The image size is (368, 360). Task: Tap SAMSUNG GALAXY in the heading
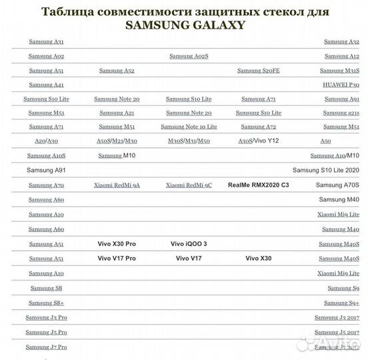(185, 25)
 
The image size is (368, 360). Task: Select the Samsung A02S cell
(189, 56)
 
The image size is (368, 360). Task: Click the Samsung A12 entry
(341, 56)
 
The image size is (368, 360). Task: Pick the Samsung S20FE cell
(258, 71)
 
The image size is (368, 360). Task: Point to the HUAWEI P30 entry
(341, 85)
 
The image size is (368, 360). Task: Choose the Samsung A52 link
(117, 71)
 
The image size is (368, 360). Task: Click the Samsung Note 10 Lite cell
(189, 127)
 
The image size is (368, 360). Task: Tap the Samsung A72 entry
(258, 127)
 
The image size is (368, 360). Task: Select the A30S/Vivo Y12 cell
(258, 141)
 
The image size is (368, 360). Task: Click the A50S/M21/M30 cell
(117, 141)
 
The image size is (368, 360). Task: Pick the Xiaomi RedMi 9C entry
(189, 185)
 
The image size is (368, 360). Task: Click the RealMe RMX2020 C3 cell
(258, 185)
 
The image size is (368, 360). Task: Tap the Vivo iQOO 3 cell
(189, 244)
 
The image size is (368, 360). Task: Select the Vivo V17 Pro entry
(117, 258)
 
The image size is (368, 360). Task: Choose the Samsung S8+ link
(46, 303)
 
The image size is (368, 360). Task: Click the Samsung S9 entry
(343, 288)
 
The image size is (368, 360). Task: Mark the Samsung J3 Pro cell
(46, 317)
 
